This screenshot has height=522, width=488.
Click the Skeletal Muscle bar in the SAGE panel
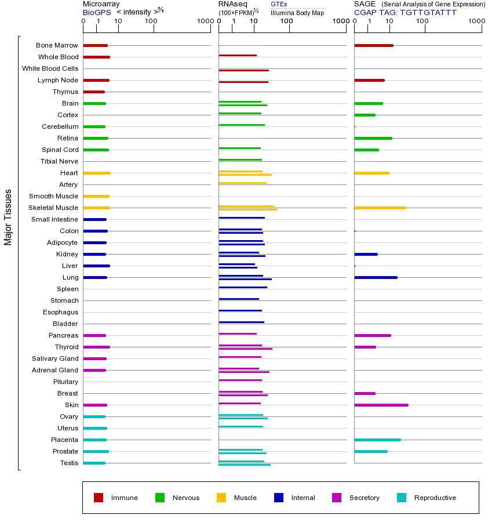pos(380,208)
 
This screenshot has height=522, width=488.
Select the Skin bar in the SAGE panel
pos(381,405)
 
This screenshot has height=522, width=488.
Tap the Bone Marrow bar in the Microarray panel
pos(95,45)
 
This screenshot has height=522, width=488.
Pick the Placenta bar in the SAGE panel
pos(377,440)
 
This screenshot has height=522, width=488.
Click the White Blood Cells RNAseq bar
pos(243,70)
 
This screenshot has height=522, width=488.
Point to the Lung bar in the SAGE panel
pos(376,277)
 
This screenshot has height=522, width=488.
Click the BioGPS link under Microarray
pos(95,12)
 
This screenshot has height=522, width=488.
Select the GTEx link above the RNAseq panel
pos(279,4)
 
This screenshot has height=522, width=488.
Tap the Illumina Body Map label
pos(297,12)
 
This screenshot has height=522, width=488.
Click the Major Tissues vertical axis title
pos(8,217)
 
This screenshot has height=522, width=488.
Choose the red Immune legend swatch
pos(99,498)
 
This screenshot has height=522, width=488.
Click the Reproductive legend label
pos(435,498)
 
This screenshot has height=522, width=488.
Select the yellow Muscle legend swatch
pos(221,498)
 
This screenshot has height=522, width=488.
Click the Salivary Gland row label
pos(55,358)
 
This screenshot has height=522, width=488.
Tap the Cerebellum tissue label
pos(60,126)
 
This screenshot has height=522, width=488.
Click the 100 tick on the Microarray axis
pos(151,21)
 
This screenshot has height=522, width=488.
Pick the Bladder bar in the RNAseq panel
pos(241,322)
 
